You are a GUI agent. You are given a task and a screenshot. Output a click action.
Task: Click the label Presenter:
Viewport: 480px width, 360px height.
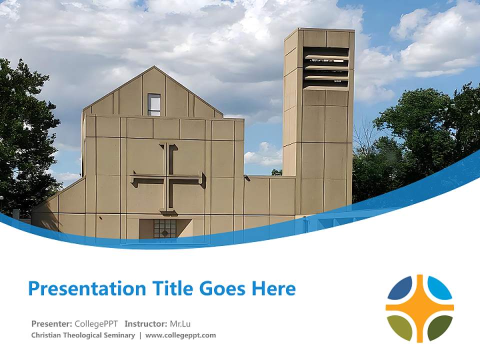coord(52,323)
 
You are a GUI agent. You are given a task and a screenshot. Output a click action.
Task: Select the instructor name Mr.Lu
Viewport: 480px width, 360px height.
coord(180,323)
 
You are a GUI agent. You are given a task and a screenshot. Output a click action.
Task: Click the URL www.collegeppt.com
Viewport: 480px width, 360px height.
coord(180,335)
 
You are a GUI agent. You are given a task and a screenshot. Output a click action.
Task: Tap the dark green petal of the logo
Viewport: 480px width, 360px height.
coord(439,327)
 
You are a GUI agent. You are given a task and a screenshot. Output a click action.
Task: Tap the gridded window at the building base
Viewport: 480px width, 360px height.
coord(164,228)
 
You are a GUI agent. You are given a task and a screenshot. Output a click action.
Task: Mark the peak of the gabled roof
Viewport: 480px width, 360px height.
coord(154,67)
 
